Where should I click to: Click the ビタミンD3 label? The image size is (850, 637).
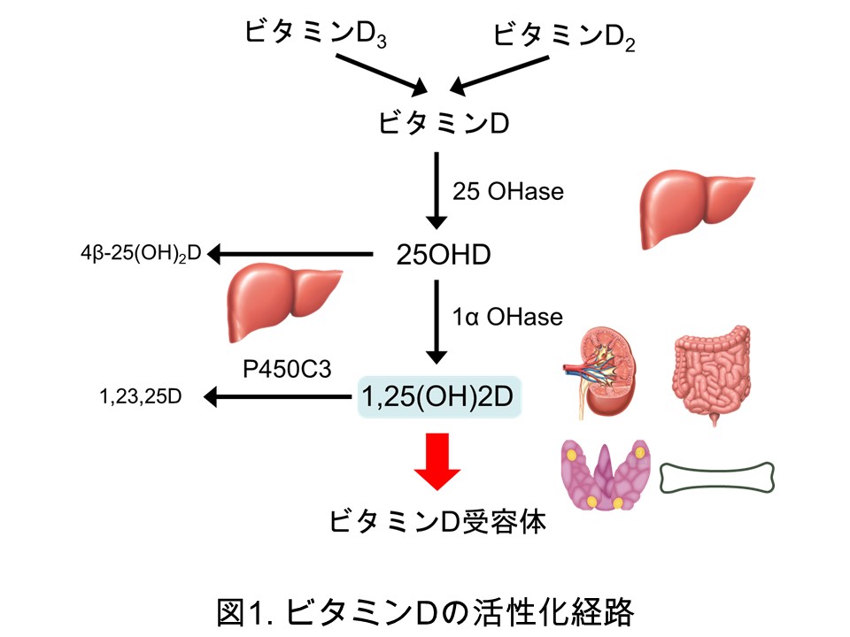point(316,35)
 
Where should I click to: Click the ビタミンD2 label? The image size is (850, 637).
point(563,35)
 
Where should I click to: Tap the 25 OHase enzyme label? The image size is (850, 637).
point(507,191)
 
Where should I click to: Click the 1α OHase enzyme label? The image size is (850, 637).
point(507,315)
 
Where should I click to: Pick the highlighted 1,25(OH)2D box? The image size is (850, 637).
point(438,395)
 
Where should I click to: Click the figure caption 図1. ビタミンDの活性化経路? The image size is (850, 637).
point(425,610)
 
